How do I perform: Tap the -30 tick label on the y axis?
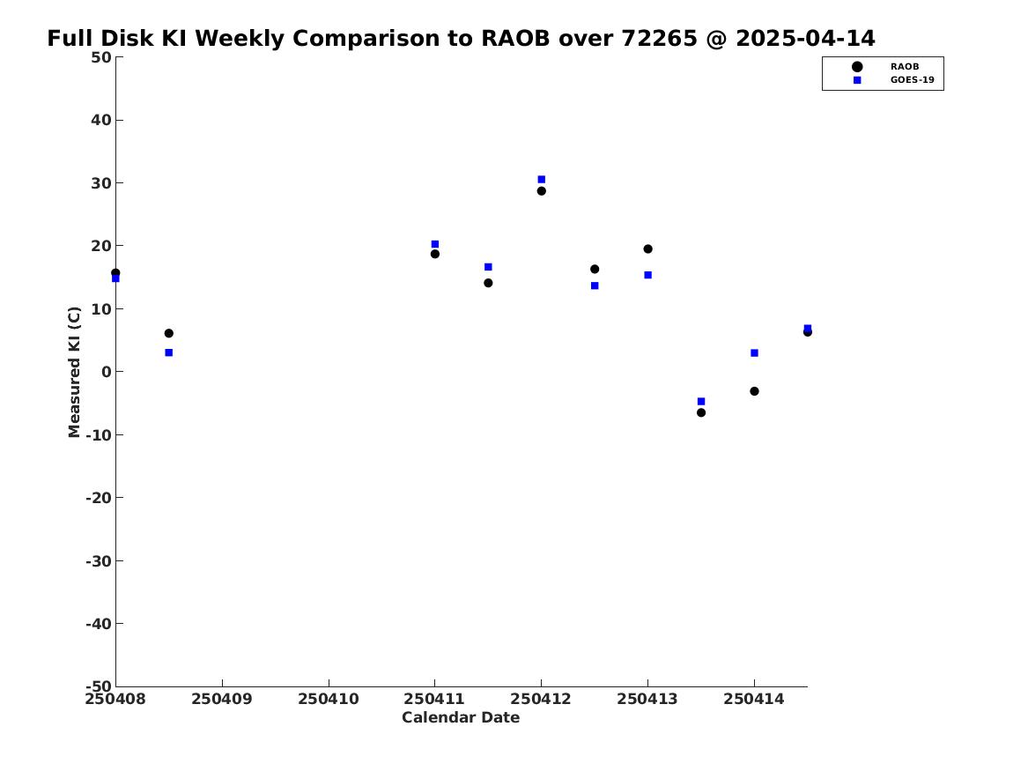pyautogui.click(x=99, y=560)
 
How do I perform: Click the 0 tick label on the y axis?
pyautogui.click(x=107, y=372)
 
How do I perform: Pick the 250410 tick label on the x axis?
pyautogui.click(x=329, y=699)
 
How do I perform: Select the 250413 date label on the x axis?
pyautogui.click(x=647, y=699)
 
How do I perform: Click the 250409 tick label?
pyautogui.click(x=222, y=699)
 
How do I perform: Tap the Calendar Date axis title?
pyautogui.click(x=461, y=717)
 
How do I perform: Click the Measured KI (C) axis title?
pyautogui.click(x=74, y=372)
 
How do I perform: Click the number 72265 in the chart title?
pyautogui.click(x=659, y=39)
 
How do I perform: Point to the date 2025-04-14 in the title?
pyautogui.click(x=805, y=39)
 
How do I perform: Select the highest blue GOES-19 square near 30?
pyautogui.click(x=542, y=180)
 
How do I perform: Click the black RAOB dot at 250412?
pyautogui.click(x=542, y=191)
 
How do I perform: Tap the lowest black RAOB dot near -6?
pyautogui.click(x=701, y=412)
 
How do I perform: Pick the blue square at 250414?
pyautogui.click(x=754, y=352)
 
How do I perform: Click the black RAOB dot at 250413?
pyautogui.click(x=647, y=249)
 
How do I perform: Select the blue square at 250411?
pyautogui.click(x=434, y=245)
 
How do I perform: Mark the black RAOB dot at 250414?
pyautogui.click(x=754, y=391)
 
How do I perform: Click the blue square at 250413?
pyautogui.click(x=647, y=275)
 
